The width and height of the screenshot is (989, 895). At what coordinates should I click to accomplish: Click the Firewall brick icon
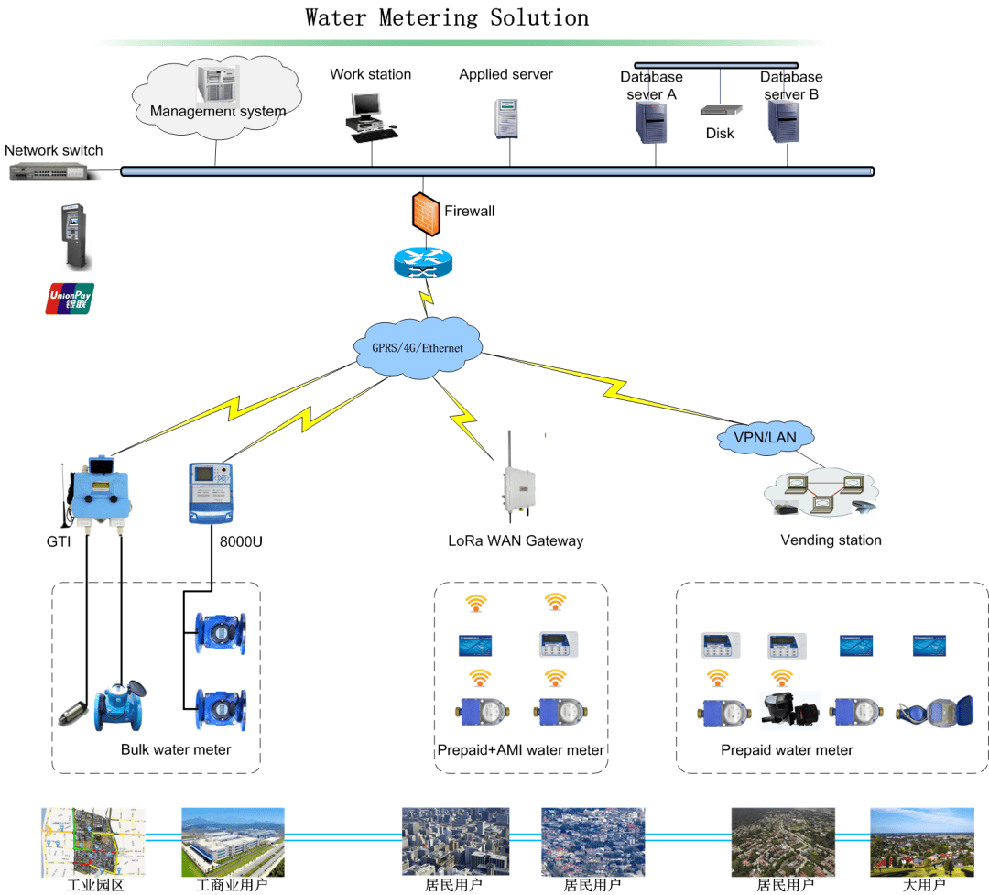point(425,213)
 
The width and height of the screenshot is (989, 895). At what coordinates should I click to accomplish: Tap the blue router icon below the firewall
point(422,264)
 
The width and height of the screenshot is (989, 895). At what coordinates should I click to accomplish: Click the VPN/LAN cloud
point(766,437)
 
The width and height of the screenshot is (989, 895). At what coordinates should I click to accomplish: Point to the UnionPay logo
point(70,299)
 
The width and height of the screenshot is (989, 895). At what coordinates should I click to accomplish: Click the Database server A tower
point(650,123)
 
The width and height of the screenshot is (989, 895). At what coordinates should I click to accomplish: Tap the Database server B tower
point(785,123)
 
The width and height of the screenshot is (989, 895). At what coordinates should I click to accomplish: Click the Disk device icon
point(720,110)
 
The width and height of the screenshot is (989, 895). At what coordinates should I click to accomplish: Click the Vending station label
point(831,540)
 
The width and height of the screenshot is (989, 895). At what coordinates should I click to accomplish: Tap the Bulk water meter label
point(176,749)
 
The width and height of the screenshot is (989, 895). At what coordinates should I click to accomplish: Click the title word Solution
point(538,17)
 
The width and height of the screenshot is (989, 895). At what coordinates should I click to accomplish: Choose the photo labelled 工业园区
point(93,842)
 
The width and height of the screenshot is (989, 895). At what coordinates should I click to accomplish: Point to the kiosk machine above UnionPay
point(74,236)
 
